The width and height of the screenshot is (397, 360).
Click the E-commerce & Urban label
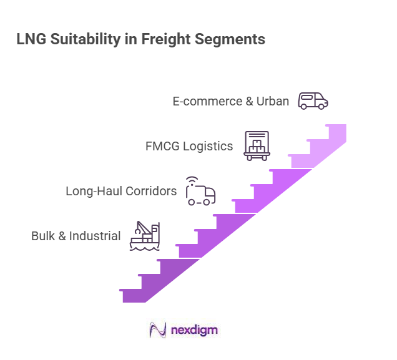230,101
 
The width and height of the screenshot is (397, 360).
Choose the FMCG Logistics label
189,147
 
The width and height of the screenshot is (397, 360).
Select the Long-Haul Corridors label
121,191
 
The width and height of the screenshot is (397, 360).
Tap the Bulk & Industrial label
76,236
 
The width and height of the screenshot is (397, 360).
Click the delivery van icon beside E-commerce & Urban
313,100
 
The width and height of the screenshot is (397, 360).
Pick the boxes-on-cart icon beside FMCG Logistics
256,146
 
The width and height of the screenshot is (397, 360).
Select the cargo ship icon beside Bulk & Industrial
145,236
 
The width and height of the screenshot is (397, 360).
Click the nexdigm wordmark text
194,330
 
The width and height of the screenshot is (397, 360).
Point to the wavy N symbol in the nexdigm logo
158,330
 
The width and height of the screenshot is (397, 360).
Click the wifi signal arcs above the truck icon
190,180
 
